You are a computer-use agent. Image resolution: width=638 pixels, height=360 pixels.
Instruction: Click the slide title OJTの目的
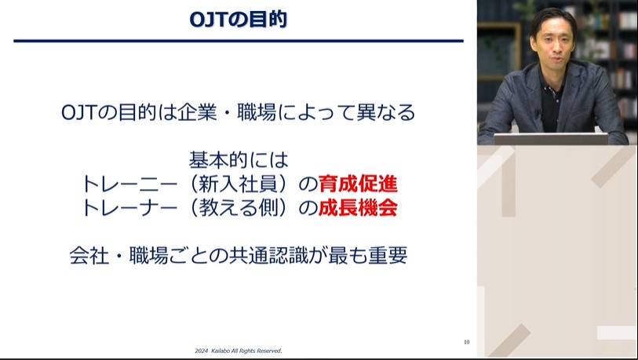click(239, 19)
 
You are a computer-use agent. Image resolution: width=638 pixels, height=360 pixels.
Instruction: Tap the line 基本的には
click(239, 161)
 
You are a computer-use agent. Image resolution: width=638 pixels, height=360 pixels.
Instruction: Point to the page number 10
click(466, 342)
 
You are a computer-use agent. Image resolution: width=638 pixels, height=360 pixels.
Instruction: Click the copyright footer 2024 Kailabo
click(238, 351)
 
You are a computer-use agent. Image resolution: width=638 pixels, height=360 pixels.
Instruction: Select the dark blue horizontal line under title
click(239, 40)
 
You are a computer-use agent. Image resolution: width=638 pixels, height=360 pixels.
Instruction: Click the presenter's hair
click(552, 19)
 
